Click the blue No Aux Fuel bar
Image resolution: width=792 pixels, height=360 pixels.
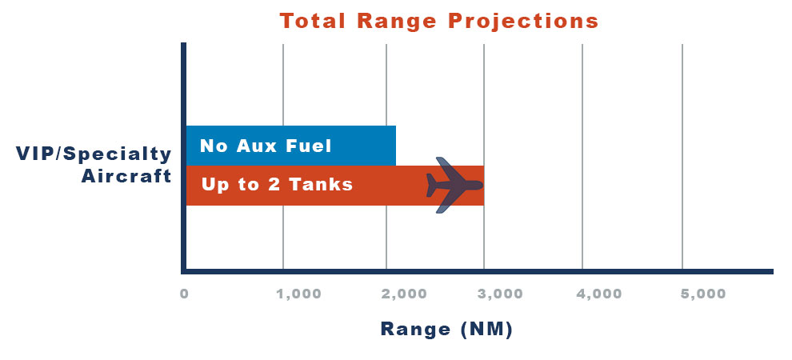[x=291, y=146]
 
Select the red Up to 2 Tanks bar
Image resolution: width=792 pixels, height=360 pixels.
[x=335, y=186]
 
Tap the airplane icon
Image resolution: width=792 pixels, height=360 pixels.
[x=454, y=185]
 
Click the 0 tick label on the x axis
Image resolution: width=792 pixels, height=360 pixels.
[x=184, y=294]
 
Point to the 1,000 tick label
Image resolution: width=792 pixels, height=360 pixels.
[x=299, y=294]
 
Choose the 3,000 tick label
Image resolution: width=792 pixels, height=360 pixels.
[x=500, y=294]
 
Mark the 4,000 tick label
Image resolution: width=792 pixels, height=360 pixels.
[x=599, y=294]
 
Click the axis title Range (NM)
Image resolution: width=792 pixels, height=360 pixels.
[x=446, y=330]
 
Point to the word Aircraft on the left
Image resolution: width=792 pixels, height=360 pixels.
[x=126, y=177]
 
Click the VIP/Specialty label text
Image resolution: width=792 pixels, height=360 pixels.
[x=94, y=154]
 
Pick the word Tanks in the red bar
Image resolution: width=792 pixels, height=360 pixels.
[x=321, y=184]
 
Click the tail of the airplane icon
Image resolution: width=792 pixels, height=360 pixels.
[x=430, y=186]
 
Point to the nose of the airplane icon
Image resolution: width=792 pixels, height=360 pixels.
[x=482, y=186]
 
